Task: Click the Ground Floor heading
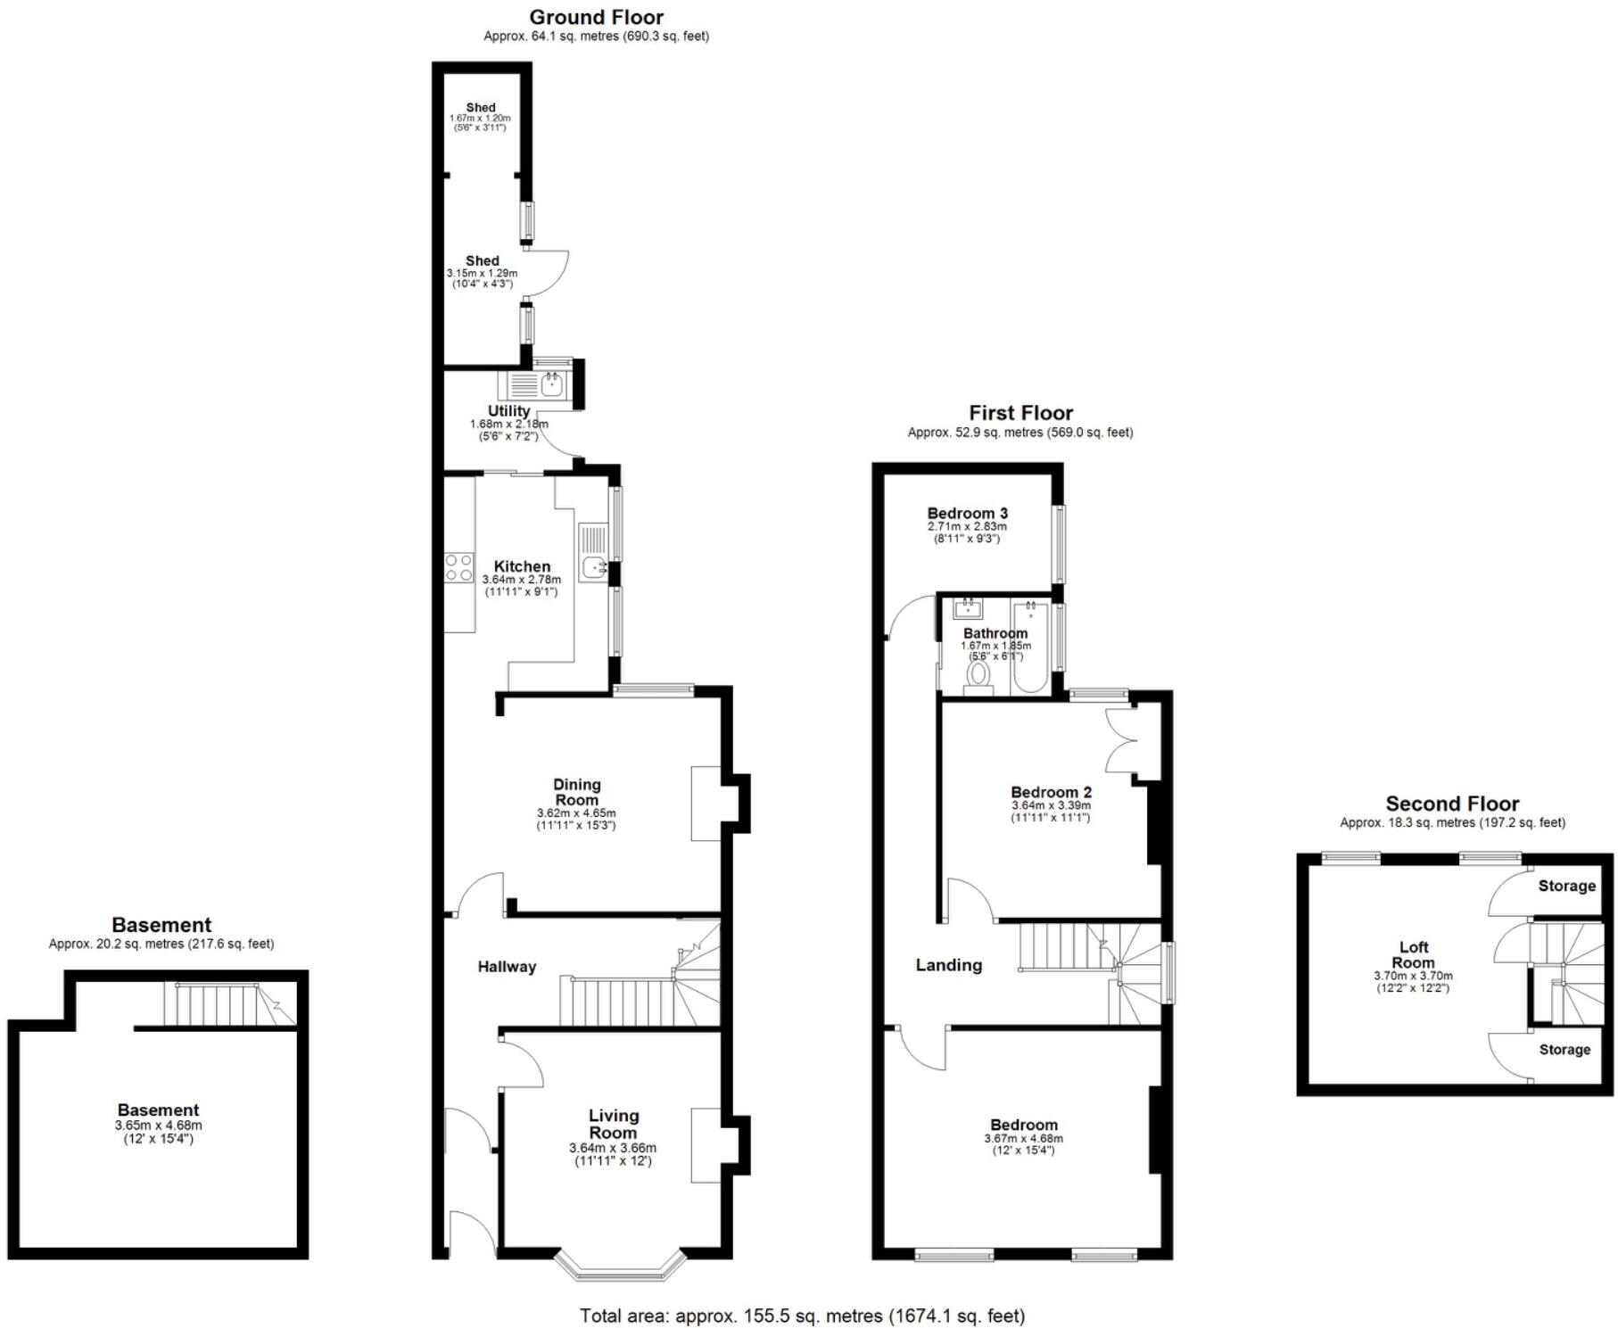(596, 17)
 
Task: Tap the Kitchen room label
(522, 566)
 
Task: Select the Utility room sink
(551, 386)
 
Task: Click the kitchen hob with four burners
(459, 567)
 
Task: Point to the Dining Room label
(577, 792)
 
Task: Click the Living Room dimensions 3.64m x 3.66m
(613, 1148)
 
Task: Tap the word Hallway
(507, 967)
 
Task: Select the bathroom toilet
(979, 677)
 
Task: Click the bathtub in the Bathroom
(1031, 648)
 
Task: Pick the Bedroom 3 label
(968, 514)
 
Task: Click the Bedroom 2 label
(1051, 792)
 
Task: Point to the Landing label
(949, 965)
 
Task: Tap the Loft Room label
(1414, 954)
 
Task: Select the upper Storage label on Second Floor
(1567, 886)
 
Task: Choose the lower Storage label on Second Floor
(1565, 1050)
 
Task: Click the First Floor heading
(1020, 413)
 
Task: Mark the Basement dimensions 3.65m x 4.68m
(159, 1126)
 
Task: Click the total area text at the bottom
(803, 1316)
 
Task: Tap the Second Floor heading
(1452, 804)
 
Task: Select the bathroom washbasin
(968, 610)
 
